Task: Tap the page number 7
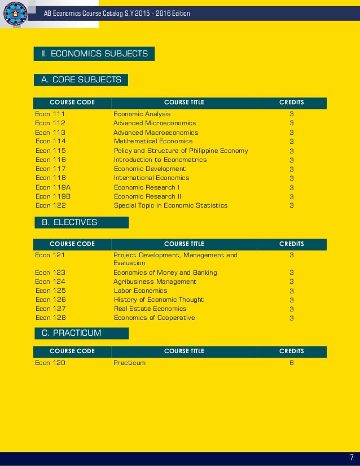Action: pos(351,457)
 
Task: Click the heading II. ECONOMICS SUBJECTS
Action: pos(94,54)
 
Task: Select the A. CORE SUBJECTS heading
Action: pos(81,80)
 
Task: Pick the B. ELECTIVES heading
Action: pos(69,222)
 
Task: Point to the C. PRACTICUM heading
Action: pos(72,333)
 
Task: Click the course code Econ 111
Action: pos(50,114)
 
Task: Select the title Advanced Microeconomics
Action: pos(155,123)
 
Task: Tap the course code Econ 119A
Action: pos(52,187)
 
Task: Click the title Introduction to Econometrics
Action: pos(160,160)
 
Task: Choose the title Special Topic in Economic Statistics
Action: pos(170,205)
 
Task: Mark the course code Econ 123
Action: pos(50,272)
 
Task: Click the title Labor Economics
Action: pos(141,291)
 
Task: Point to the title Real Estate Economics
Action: pos(150,309)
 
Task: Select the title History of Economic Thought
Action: pos(159,300)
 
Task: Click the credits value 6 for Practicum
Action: pos(292,363)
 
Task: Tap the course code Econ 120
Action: pos(50,363)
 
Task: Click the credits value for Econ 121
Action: pos(292,255)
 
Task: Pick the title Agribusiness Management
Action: pos(155,282)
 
